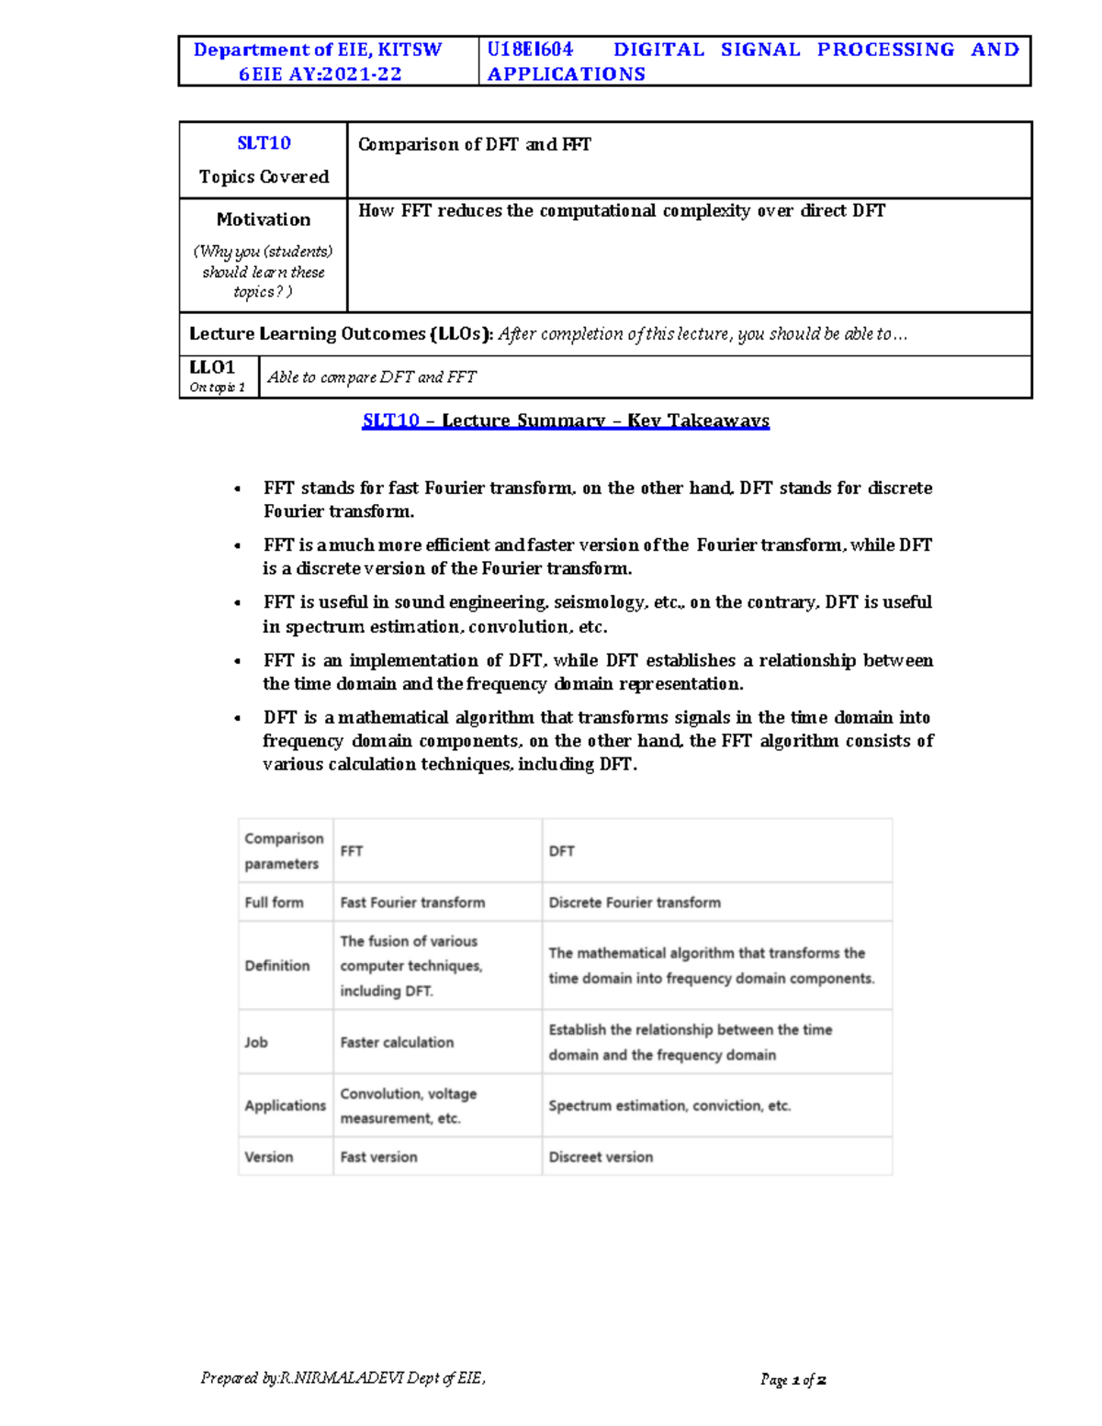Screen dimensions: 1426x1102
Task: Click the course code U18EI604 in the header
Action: [530, 50]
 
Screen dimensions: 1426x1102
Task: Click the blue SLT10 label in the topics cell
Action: [264, 143]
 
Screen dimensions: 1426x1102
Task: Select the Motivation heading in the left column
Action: [264, 219]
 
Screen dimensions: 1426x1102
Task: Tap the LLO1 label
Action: [212, 367]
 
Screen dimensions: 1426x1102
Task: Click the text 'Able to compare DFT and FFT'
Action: [371, 377]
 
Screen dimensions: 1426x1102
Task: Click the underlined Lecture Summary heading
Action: [566, 421]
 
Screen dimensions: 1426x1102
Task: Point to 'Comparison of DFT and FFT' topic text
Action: [474, 144]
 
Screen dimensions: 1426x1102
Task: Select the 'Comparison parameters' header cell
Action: [284, 850]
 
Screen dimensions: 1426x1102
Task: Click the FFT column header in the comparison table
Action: [351, 851]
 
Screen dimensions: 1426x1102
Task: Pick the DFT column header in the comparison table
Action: [561, 851]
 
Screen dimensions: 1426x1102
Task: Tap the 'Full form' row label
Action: [274, 903]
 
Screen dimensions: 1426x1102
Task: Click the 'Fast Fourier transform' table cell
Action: [412, 903]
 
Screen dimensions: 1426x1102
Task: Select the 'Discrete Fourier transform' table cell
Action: [635, 903]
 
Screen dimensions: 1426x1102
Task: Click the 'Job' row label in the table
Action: [256, 1042]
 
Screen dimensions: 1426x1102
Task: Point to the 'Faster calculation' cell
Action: [397, 1042]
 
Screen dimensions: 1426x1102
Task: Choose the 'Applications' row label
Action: [285, 1106]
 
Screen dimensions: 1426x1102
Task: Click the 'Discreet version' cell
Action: [601, 1157]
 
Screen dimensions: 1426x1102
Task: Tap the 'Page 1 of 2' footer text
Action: [793, 1379]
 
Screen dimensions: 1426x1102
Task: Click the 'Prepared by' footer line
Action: [343, 1377]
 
